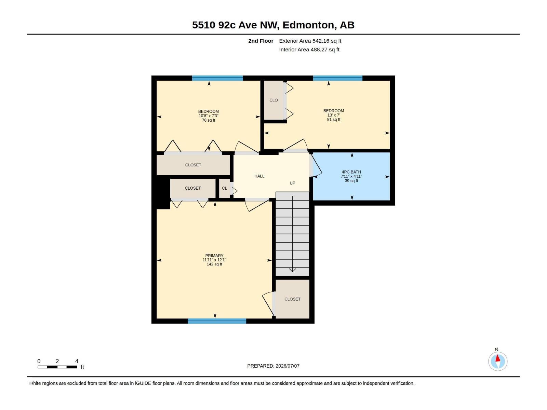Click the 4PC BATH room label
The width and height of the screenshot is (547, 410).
point(351,172)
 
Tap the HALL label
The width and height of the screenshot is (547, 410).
point(259,176)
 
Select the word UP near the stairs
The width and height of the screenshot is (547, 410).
point(292,183)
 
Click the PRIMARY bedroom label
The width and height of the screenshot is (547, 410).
point(214,256)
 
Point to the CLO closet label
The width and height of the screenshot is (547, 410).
point(273,100)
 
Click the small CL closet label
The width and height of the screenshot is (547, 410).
point(225,188)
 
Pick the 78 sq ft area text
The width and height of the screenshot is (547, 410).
point(209,120)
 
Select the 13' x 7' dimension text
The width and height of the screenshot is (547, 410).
point(334,115)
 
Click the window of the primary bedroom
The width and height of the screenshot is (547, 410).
point(217,321)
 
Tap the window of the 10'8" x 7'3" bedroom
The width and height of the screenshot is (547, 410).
point(217,78)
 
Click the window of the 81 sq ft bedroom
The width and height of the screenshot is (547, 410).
point(338,78)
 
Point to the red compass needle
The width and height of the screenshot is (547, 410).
point(498,358)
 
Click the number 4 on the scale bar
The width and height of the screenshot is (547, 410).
point(77,361)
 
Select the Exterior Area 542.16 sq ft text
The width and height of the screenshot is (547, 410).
point(310,41)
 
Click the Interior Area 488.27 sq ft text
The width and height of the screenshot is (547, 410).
point(309,50)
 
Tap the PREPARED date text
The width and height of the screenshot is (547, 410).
point(273,366)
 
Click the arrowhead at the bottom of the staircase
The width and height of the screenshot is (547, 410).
point(292,270)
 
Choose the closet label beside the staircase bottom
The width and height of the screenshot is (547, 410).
point(292,299)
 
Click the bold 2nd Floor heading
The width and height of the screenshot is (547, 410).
point(261,41)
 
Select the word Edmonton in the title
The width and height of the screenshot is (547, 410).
point(308,25)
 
